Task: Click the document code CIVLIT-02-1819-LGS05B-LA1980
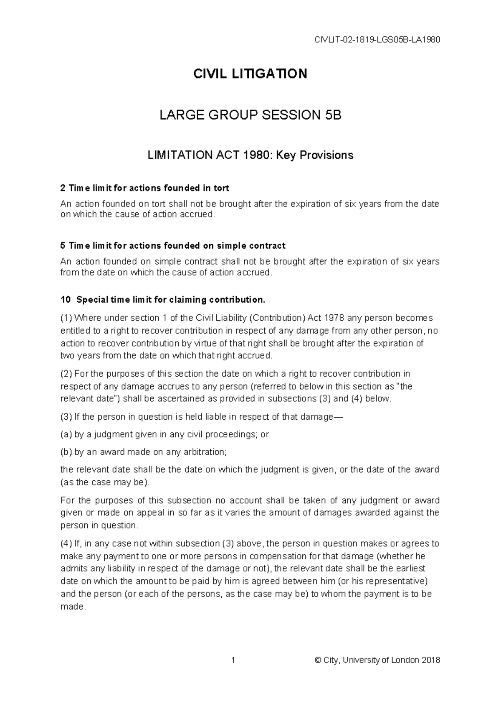(377, 40)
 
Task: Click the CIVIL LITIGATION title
(250, 74)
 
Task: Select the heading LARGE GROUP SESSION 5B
(250, 115)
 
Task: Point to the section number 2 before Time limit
(63, 188)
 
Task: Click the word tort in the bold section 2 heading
(221, 188)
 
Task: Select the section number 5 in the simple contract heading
(63, 245)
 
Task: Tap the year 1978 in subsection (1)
(335, 318)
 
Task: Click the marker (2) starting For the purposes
(66, 373)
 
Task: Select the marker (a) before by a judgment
(66, 434)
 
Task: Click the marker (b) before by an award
(66, 451)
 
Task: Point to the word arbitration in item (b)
(207, 451)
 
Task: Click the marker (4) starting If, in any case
(66, 543)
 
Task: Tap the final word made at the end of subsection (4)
(73, 607)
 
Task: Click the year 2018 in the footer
(431, 660)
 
